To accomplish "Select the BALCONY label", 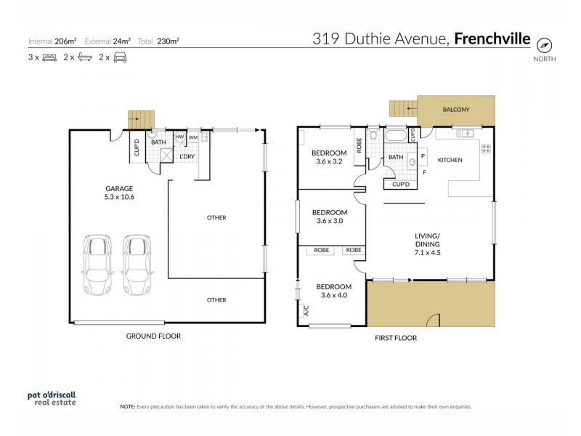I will coord(457,110).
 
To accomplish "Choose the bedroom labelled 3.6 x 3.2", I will coord(329,157).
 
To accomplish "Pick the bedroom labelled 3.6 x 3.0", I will coord(329,217).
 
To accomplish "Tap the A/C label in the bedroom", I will coord(304,312).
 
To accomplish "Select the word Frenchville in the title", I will coord(492,39).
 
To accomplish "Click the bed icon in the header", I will coord(50,57).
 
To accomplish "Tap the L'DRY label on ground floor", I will coord(187,156).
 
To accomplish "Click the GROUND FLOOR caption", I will coord(153,336).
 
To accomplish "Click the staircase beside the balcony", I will coord(400,110).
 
